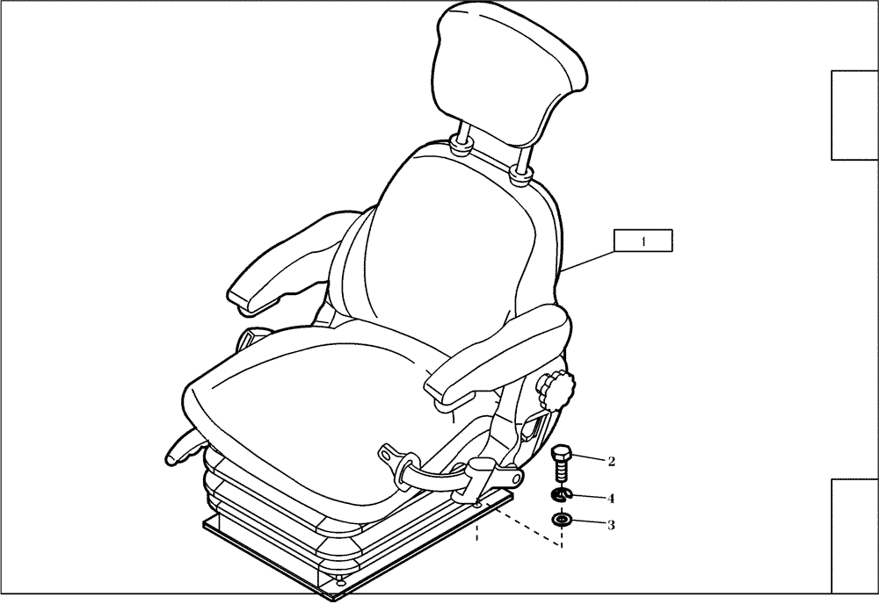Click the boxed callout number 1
[643, 241]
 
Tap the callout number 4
[610, 498]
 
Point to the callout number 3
[610, 526]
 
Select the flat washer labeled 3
[562, 521]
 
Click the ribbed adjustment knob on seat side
[556, 388]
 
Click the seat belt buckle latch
[481, 478]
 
